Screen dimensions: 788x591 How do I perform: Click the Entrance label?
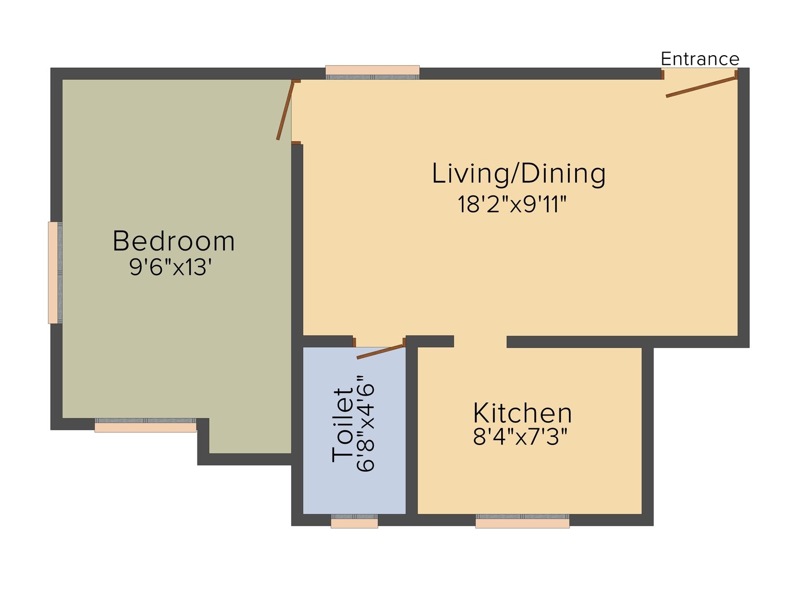coord(700,59)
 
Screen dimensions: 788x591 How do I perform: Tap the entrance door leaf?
coord(701,87)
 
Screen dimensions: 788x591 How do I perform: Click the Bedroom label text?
coord(174,241)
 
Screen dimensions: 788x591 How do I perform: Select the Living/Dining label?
coord(519,174)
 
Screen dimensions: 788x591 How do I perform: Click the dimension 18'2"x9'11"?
coord(512,204)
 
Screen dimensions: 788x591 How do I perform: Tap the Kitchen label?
coord(522,413)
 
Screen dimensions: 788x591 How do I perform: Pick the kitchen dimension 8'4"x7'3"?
coord(520,437)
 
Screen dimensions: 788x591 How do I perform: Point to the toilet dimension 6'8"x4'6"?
coord(366,423)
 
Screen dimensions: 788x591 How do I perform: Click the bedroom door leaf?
coord(285,110)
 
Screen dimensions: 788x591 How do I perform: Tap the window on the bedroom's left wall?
coord(55,273)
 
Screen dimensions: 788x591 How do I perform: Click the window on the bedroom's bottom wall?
coord(146,425)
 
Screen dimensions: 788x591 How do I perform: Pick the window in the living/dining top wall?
coord(372,72)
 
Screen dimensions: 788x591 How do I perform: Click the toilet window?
coord(354,521)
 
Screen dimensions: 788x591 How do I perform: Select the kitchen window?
coord(522,521)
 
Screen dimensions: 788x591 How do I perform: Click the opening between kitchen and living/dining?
coord(480,341)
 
